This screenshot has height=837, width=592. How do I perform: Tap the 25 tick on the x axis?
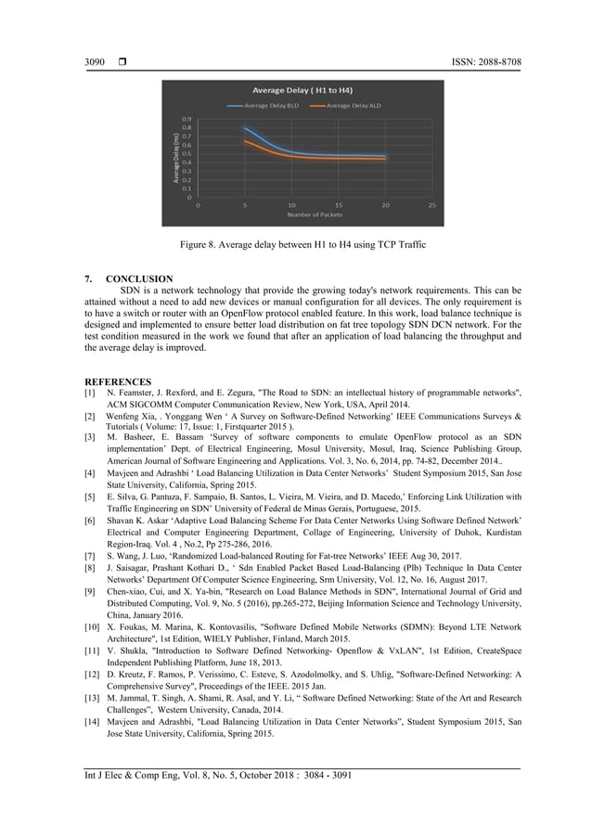[432, 204]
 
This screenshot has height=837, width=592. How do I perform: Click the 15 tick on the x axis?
[338, 204]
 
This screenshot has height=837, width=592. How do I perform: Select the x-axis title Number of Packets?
[315, 215]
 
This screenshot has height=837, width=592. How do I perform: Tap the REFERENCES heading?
[118, 380]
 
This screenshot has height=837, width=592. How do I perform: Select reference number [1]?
[90, 393]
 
